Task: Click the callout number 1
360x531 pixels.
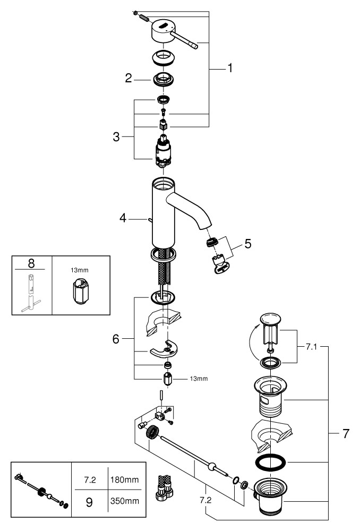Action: click(230, 68)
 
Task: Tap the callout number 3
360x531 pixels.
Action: click(116, 136)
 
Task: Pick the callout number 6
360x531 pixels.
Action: click(116, 338)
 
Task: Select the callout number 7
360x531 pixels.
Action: click(346, 433)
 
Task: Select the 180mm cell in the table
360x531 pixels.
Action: click(124, 479)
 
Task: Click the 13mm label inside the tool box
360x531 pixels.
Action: click(78, 269)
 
